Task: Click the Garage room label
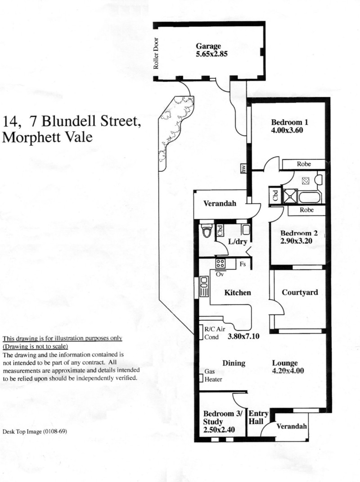pyautogui.click(x=208, y=46)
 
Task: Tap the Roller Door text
pyautogui.click(x=156, y=53)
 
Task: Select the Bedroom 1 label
pyautogui.click(x=289, y=122)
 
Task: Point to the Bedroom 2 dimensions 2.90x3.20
pyautogui.click(x=296, y=241)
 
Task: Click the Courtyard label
pyautogui.click(x=300, y=292)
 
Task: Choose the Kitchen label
pyautogui.click(x=238, y=292)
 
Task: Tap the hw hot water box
pyautogui.click(x=243, y=168)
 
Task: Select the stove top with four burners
pyautogui.click(x=220, y=264)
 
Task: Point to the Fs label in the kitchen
pyautogui.click(x=243, y=264)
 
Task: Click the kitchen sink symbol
pyautogui.click(x=204, y=286)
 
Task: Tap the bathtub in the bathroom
pyautogui.click(x=310, y=197)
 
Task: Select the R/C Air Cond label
pyautogui.click(x=215, y=333)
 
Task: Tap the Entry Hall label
pyautogui.click(x=258, y=417)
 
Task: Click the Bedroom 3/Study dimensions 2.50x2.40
pyautogui.click(x=219, y=430)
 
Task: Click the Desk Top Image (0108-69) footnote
pyautogui.click(x=35, y=432)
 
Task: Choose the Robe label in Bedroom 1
pyautogui.click(x=304, y=164)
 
